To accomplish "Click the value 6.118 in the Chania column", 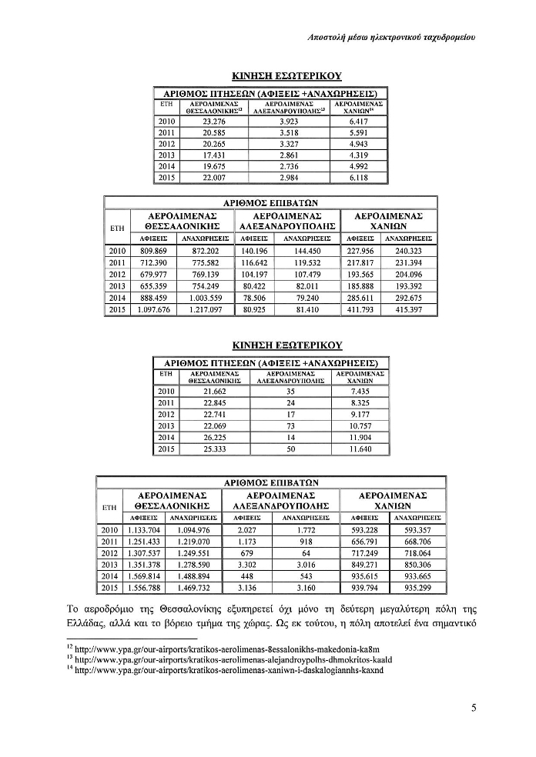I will [359, 177].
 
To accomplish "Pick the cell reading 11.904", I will [360, 436].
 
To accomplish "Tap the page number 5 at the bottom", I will [474, 709].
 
